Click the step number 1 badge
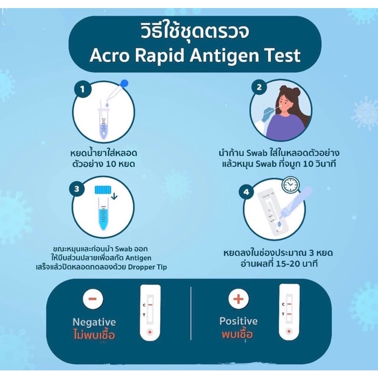click(84, 89)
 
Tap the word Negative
click(94, 322)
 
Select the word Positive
click(239, 321)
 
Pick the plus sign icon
click(238, 298)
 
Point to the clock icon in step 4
click(291, 185)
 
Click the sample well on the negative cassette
click(150, 332)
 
